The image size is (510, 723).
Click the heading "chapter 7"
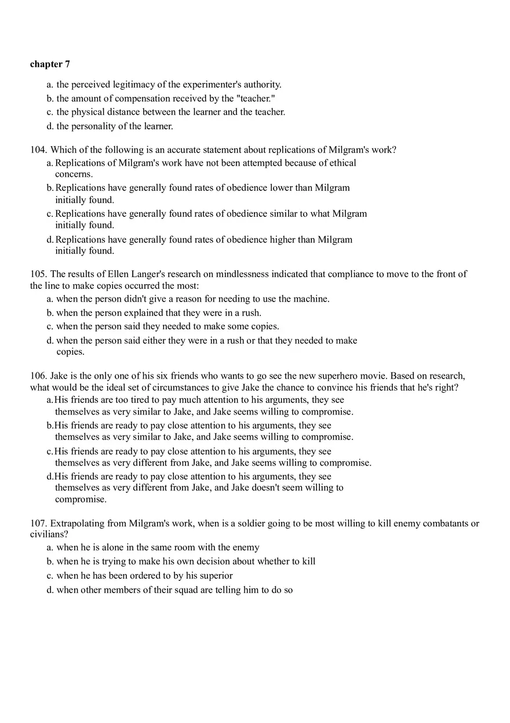point(50,64)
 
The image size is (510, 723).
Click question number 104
point(38,150)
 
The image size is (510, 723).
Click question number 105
point(38,274)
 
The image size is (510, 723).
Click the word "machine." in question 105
point(312,299)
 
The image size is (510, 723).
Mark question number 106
point(38,376)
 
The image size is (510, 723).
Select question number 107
point(38,524)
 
